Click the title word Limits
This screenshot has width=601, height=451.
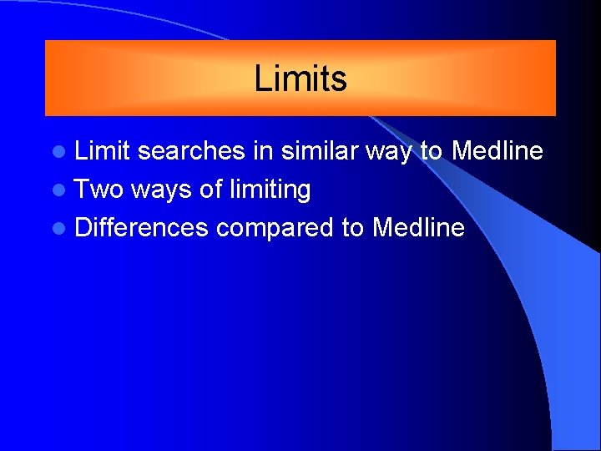tap(300, 79)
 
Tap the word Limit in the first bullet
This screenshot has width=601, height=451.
tap(103, 151)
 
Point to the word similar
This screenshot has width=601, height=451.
tap(320, 151)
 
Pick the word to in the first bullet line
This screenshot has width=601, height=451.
tap(431, 151)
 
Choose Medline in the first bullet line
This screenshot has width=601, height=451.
tap(497, 151)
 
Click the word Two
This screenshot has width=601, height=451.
tap(98, 190)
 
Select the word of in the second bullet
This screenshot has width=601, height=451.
tap(211, 190)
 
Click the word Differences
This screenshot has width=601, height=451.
tap(141, 227)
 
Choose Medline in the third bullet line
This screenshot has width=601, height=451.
tap(419, 227)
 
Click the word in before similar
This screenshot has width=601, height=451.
tap(265, 151)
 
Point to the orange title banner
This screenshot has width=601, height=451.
tap(125, 79)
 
